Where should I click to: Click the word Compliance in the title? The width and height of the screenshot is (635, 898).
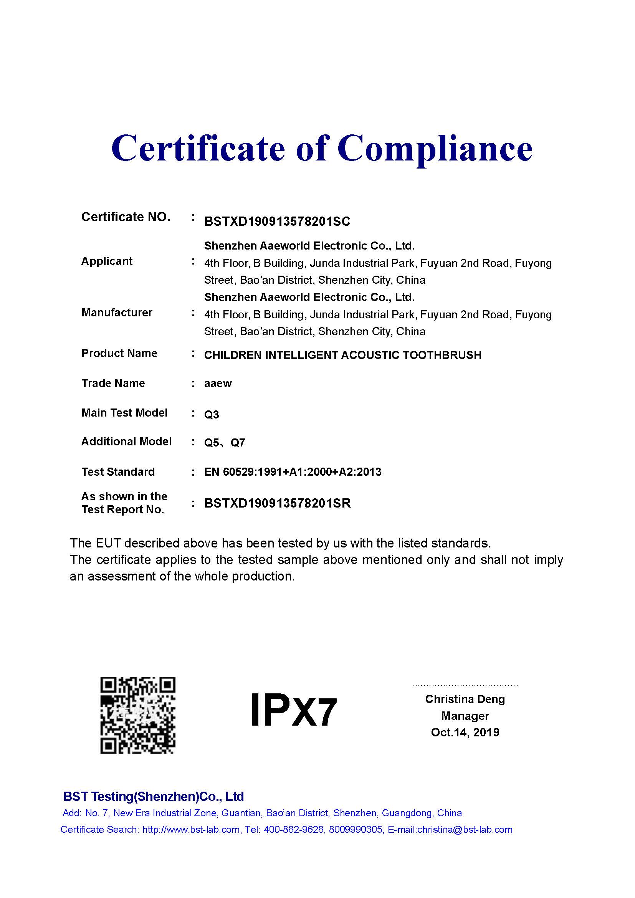pos(435,149)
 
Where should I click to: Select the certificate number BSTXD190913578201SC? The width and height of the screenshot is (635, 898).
pos(277,222)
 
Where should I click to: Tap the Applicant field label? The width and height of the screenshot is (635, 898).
pos(107,261)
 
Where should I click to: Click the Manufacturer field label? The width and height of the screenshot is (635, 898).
pos(117,313)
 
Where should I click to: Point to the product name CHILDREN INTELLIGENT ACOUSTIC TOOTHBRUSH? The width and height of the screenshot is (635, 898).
pos(342,355)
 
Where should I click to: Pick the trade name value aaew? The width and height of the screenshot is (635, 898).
pos(218,383)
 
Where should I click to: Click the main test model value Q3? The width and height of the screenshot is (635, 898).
pos(212,414)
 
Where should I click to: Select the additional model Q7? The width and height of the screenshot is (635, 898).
pos(238,443)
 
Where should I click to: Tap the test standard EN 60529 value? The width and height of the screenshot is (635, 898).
pos(293,472)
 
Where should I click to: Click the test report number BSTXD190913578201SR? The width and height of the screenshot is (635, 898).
pos(277,503)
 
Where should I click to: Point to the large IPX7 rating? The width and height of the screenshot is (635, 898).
pos(293,710)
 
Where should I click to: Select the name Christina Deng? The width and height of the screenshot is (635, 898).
pos(465,699)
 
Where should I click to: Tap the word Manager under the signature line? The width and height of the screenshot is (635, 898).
pos(465,716)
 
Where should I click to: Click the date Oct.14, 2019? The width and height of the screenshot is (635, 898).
pos(465,732)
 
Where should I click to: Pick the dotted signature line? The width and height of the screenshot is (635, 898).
pos(465,686)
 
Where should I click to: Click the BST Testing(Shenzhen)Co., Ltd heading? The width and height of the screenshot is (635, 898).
pos(153,796)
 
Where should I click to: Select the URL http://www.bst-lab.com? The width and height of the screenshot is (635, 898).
pos(191,830)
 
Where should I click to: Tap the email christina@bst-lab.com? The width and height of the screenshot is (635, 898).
pos(465,830)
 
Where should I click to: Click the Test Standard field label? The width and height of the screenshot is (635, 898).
pos(118,472)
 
